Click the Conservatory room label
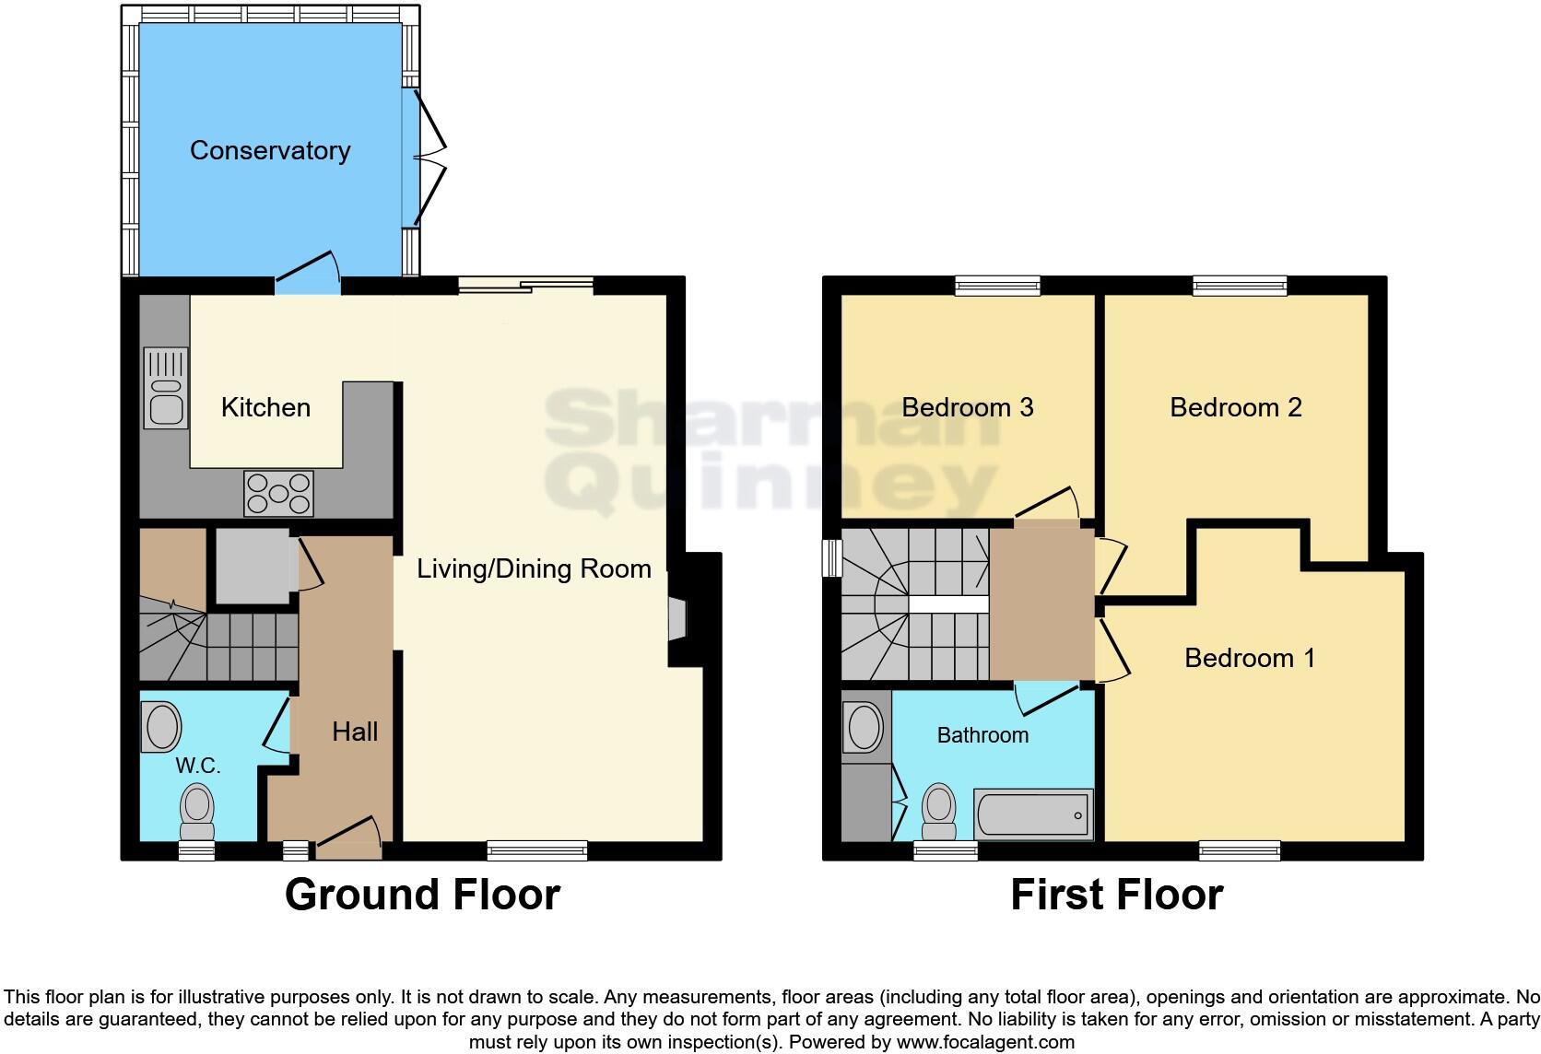tap(270, 150)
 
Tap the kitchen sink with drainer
tap(166, 388)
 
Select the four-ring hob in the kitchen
tap(278, 493)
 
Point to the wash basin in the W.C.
tap(162, 727)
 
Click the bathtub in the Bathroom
tap(1032, 814)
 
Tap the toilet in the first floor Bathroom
tap(939, 811)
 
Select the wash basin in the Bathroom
tap(865, 728)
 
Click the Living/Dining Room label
tap(534, 568)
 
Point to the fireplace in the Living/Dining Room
tap(677, 618)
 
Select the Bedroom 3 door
tap(1049, 504)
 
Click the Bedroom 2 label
tap(1235, 407)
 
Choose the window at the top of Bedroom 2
tap(1240, 286)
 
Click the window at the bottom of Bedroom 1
tap(1240, 850)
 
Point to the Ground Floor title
tap(422, 895)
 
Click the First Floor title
tap(1116, 895)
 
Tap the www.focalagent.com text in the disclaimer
tap(985, 1042)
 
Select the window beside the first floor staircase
tap(832, 557)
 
